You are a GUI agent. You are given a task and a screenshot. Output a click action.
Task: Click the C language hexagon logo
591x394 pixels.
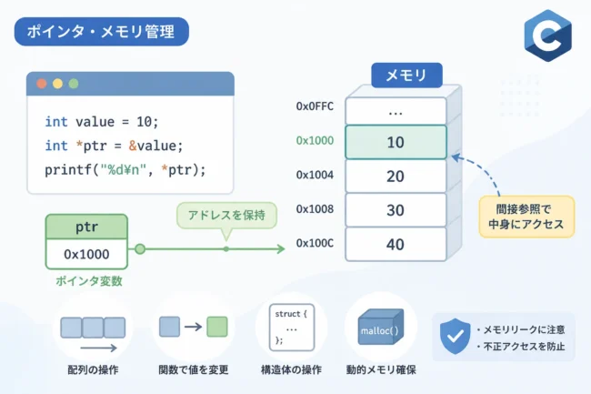(547, 35)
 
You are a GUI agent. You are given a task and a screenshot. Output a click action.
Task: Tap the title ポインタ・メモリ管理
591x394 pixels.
(102, 32)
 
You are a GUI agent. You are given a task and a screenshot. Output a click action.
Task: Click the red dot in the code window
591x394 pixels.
(42, 84)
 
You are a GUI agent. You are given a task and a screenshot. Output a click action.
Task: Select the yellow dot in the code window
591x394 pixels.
(57, 84)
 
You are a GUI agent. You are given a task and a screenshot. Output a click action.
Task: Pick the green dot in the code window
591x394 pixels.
(74, 84)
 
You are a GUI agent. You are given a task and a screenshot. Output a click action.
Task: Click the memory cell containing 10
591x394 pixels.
(396, 142)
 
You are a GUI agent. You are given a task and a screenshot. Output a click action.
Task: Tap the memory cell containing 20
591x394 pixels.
(396, 177)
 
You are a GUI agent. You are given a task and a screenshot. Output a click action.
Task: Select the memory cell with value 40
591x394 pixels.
(396, 245)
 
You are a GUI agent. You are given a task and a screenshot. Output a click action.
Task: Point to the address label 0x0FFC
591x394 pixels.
(315, 106)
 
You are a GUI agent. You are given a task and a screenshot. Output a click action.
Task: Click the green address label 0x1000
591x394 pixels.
(315, 141)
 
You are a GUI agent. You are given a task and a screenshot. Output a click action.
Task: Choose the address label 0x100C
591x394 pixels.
(315, 243)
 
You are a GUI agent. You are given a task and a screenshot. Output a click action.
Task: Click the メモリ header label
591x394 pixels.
(406, 75)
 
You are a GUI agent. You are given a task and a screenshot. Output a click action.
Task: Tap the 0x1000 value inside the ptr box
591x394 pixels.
(86, 255)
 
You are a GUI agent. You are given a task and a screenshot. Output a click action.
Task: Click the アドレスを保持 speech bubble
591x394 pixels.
(226, 216)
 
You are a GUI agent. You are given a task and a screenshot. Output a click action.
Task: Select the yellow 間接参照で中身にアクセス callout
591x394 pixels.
(526, 217)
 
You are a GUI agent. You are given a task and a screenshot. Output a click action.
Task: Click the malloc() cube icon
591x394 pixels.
(380, 327)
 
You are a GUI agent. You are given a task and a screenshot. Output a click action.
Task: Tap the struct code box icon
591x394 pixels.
(292, 328)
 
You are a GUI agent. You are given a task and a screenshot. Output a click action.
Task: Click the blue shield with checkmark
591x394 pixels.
(456, 336)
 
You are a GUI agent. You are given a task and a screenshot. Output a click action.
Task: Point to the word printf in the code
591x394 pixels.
(68, 170)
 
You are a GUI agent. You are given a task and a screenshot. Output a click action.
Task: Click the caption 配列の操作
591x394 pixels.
(93, 369)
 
